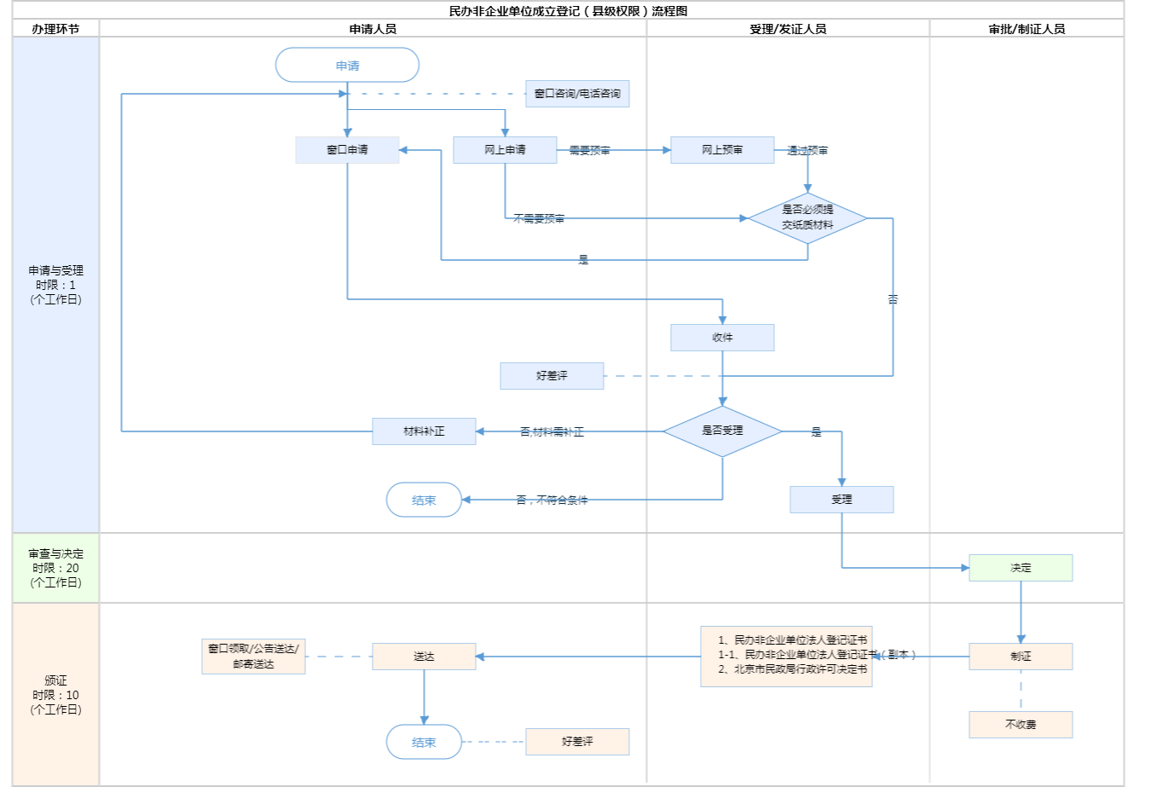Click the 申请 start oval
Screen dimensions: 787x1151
click(347, 65)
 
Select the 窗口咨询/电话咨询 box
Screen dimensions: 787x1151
click(577, 94)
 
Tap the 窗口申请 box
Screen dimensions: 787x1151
click(347, 150)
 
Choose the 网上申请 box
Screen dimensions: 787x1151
click(505, 150)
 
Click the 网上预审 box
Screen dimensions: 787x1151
click(722, 150)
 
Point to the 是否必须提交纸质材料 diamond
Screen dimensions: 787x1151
click(807, 217)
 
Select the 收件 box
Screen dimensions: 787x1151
click(722, 338)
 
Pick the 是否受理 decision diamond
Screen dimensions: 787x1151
click(722, 431)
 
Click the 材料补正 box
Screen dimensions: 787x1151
click(424, 431)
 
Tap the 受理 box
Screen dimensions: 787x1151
click(842, 500)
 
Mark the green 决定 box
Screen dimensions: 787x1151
click(1021, 568)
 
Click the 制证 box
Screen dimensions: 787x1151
click(1021, 657)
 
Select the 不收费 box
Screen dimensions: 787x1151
click(1021, 725)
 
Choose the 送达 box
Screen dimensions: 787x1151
click(424, 657)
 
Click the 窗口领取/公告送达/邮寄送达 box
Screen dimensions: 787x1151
click(253, 657)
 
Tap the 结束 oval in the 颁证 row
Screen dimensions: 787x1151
click(424, 742)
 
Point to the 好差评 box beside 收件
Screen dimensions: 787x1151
click(552, 376)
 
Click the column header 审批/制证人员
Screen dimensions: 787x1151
click(1027, 29)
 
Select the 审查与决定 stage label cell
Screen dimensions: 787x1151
click(55, 568)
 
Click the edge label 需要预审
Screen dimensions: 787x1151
click(590, 151)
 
